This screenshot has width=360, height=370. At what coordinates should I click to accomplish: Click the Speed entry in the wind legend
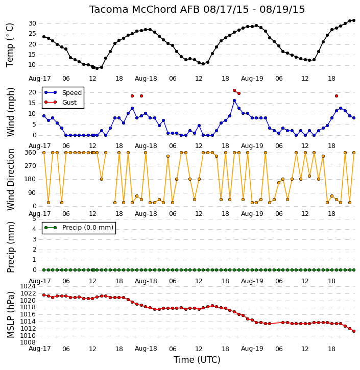[x=63, y=92]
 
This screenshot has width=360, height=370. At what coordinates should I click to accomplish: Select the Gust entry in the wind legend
[x=61, y=102]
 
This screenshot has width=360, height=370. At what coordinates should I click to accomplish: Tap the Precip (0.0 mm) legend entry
[x=79, y=228]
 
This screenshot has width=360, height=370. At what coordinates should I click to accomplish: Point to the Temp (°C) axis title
[x=10, y=45]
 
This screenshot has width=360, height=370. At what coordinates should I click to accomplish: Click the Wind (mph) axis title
[x=10, y=112]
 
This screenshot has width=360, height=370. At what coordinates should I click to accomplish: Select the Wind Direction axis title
[x=10, y=180]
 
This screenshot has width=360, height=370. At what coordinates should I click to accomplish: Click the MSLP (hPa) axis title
[x=10, y=315]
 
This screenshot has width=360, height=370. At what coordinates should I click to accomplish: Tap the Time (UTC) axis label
[x=197, y=360]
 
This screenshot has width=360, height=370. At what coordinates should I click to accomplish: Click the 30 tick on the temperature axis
[x=32, y=23]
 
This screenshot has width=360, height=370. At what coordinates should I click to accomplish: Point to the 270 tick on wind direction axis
[x=31, y=166]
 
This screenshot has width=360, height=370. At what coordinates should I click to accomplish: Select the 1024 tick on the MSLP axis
[x=28, y=286]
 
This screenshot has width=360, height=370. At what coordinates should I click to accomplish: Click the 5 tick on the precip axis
[x=34, y=219]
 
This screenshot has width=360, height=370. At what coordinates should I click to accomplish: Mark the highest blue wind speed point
[x=234, y=101]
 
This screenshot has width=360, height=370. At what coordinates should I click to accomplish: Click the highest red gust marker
[x=234, y=90]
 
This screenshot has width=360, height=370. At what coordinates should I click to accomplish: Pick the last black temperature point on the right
[x=354, y=20]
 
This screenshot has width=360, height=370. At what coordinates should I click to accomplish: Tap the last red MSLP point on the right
[x=354, y=331]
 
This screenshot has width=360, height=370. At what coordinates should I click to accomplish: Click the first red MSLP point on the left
[x=44, y=295]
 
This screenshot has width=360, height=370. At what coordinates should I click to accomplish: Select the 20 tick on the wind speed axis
[x=32, y=92]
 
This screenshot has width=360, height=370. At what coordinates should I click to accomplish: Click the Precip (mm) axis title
[x=10, y=248]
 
